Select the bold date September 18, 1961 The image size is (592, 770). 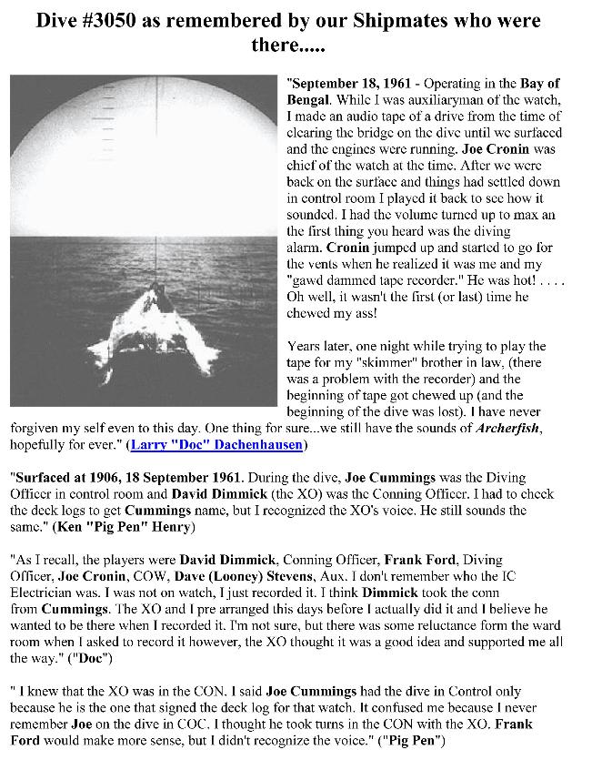point(346,83)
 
